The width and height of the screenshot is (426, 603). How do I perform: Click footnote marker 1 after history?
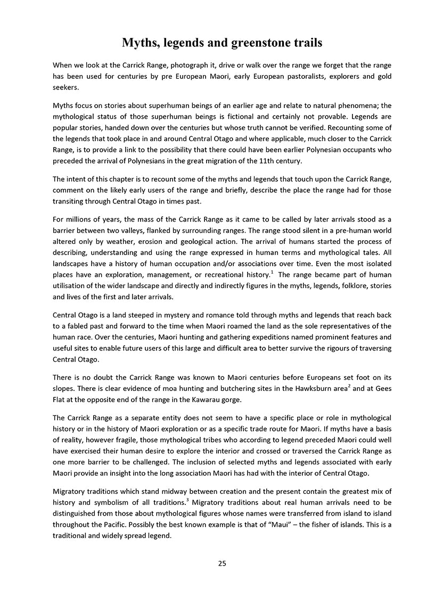pyautogui.click(x=270, y=272)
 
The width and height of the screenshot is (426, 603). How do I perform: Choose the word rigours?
pyautogui.click(x=308, y=348)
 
